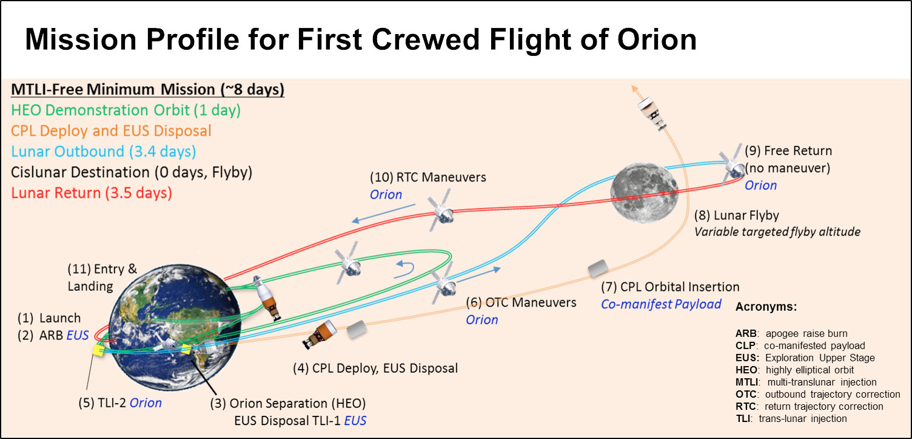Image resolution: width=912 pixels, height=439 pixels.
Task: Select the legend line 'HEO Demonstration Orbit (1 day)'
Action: tap(126, 111)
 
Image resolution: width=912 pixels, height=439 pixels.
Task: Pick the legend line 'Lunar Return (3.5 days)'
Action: tap(92, 193)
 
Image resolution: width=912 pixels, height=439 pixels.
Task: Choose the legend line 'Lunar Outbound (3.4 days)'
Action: tap(104, 152)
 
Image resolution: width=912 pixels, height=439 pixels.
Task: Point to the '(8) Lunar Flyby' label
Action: tap(737, 215)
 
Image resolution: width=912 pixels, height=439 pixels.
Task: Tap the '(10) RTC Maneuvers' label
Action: tap(428, 177)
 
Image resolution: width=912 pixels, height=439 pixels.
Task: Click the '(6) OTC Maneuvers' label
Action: tap(520, 302)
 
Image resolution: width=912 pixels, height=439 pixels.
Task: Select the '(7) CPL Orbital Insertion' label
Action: tap(669, 287)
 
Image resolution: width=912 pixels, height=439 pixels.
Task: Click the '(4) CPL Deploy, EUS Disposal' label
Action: tap(372, 368)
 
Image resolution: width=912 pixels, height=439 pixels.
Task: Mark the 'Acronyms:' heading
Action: tap(765, 307)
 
